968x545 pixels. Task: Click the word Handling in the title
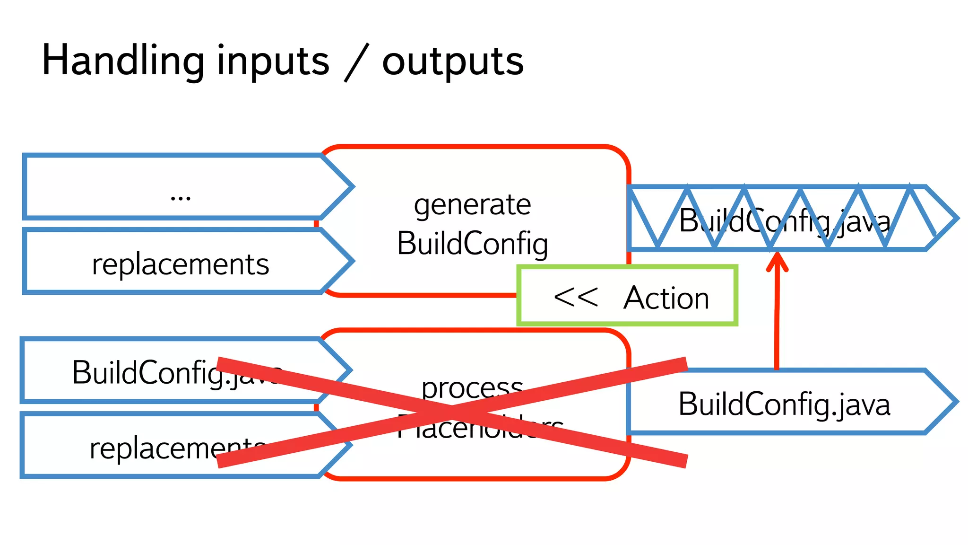coord(123,61)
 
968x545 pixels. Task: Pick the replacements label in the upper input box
coord(181,264)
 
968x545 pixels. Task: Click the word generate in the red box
coord(472,205)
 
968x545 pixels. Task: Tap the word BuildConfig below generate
coord(472,244)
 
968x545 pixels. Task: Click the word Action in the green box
coord(666,298)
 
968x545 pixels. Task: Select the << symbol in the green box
coord(575,298)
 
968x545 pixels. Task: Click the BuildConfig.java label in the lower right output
coord(785,404)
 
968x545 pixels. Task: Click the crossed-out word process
coord(472,388)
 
